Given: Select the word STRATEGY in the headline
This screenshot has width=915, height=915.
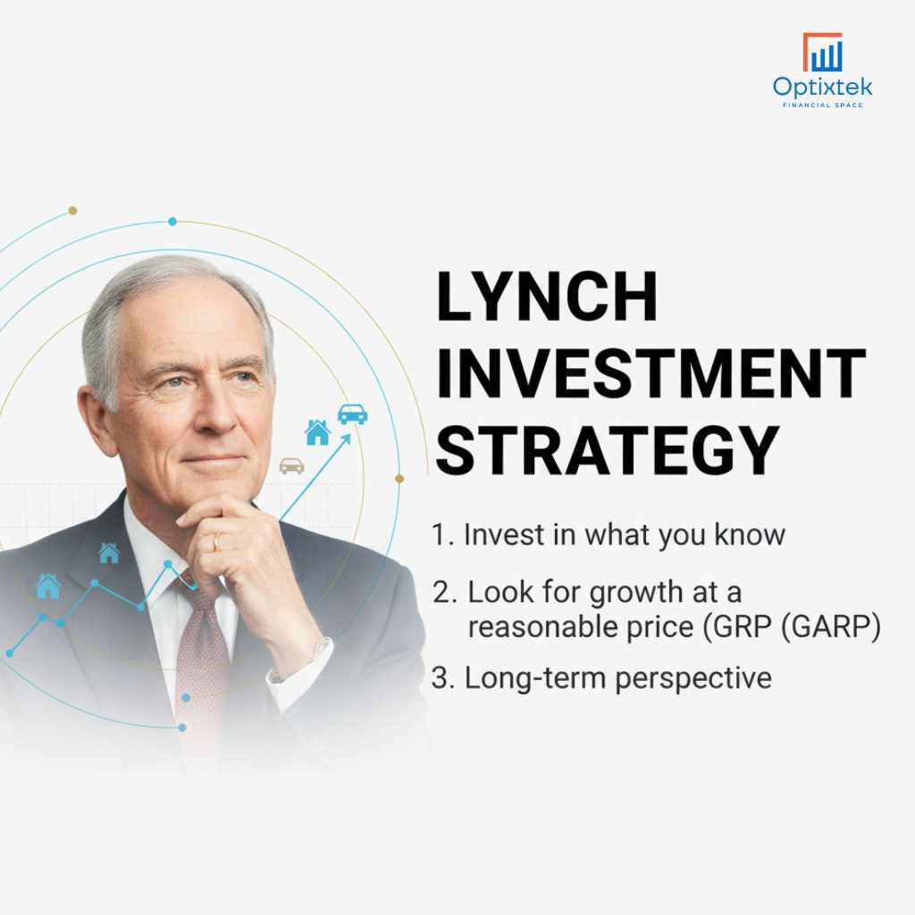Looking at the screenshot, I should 608,450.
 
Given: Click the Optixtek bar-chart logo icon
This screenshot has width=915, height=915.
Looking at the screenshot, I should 822,53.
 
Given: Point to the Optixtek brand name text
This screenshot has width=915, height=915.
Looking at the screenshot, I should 822,88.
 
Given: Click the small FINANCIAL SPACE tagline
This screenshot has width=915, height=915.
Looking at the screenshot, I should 822,105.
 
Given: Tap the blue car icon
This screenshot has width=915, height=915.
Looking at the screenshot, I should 352,414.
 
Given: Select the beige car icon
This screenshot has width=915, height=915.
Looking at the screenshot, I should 291,466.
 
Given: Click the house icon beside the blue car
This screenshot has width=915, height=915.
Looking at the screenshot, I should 317,433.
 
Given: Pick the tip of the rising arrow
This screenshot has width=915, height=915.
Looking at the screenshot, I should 348,437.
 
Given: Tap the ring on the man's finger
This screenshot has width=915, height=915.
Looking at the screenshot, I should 215,541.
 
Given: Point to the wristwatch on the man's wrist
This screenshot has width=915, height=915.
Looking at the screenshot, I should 318,646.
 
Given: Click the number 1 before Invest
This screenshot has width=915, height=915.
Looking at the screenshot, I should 438,534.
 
